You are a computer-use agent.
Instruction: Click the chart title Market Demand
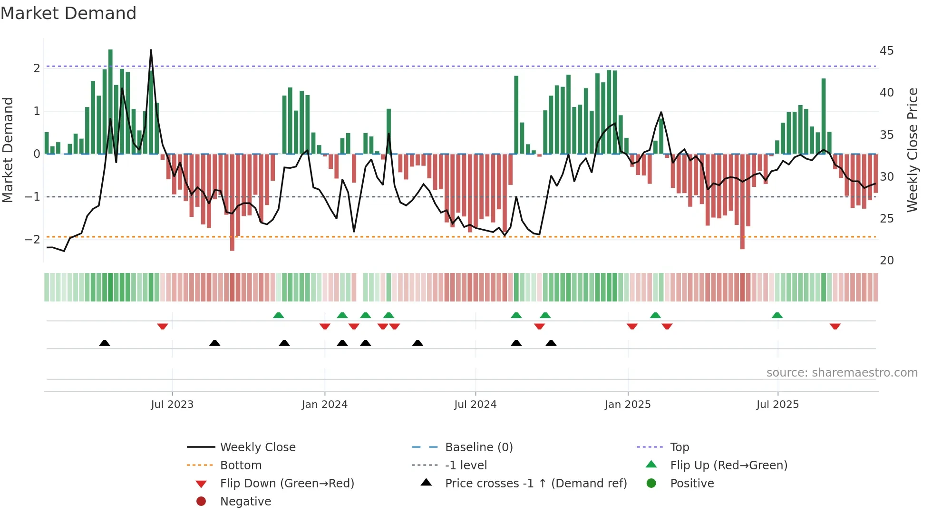68,13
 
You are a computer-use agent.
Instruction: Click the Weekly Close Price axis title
912,150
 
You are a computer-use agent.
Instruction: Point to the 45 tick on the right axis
886,51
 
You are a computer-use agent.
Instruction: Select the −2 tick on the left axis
32,239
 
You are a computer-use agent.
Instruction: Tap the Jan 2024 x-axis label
324,405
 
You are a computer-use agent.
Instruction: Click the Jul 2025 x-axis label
777,405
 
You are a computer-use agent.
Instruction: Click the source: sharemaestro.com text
842,373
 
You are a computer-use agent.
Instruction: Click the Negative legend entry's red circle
201,502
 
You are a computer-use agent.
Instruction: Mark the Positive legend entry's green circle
651,484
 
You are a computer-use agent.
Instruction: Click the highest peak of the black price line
151,50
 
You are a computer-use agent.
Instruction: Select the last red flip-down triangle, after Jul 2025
835,326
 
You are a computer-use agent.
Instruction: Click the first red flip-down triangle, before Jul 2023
163,326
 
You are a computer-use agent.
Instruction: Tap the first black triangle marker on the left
105,343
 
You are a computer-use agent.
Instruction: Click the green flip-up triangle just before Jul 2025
777,315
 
